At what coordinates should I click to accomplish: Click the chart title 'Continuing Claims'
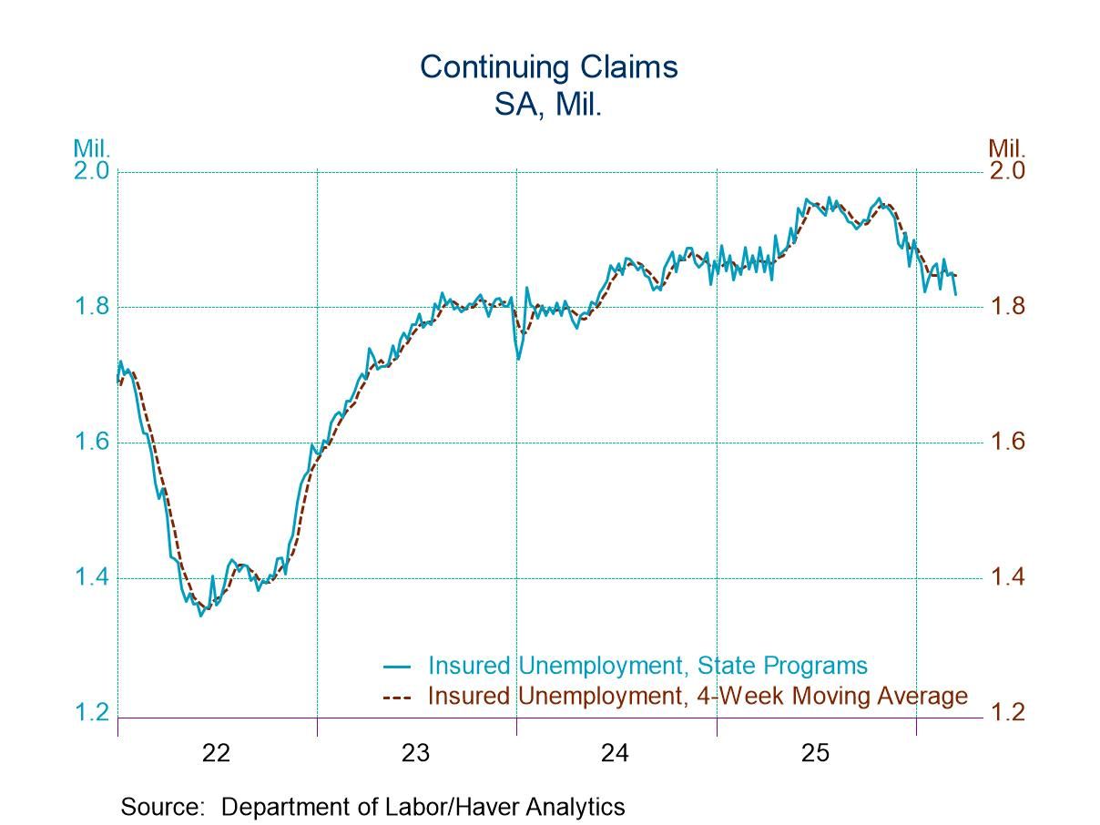point(549,66)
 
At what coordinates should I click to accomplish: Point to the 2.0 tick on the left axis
point(91,171)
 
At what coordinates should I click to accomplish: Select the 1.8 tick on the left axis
point(91,307)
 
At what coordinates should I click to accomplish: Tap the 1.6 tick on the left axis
point(91,443)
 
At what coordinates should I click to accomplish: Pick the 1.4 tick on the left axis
point(91,578)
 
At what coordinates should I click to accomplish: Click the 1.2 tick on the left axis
point(91,713)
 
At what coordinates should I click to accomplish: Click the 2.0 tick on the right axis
point(1007,171)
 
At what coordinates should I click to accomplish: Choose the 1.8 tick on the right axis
point(1007,307)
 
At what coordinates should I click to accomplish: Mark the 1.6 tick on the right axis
point(1007,443)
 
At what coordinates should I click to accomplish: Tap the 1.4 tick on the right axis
point(1007,578)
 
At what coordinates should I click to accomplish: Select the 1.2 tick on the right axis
point(1007,713)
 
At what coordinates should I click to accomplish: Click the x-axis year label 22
point(217,753)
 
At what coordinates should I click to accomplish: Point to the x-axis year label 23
point(416,753)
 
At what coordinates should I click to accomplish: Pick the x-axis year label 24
point(616,753)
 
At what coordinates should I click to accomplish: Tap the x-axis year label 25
point(816,753)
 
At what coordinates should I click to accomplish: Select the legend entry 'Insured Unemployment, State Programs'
point(647,666)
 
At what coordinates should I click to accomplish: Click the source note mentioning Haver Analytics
point(372,807)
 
